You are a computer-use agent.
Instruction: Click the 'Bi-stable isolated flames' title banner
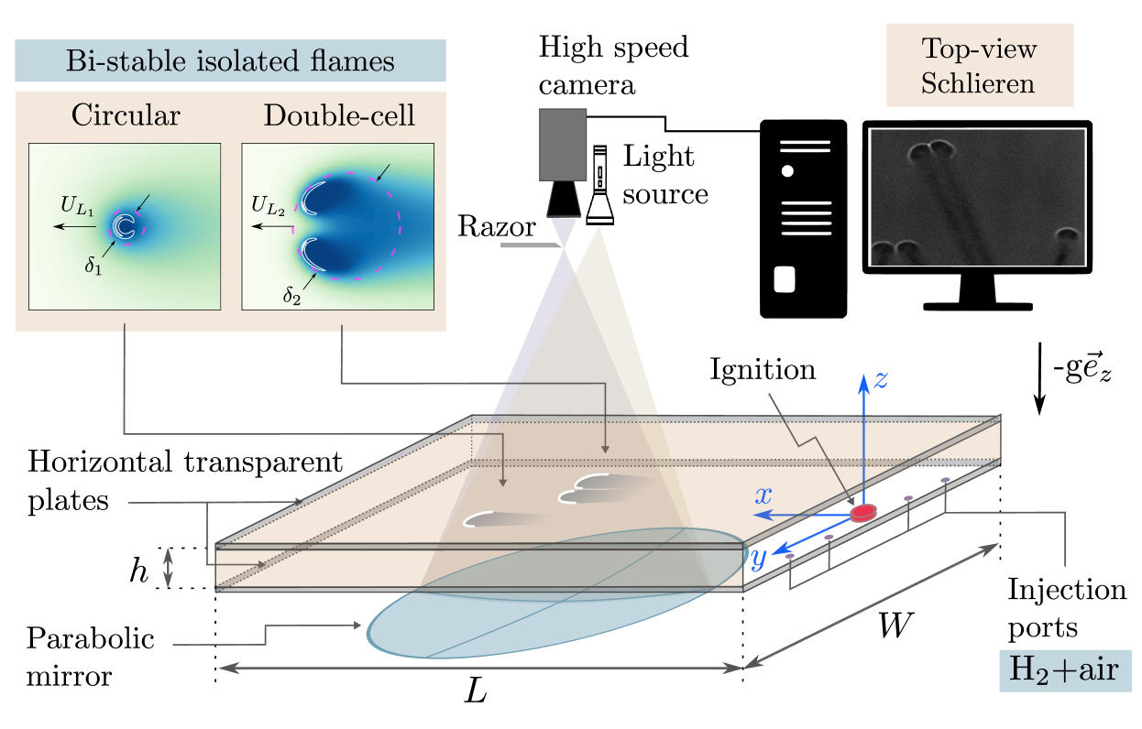pos(230,61)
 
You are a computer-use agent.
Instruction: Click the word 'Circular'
pos(126,115)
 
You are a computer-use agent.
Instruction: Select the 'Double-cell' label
pos(338,115)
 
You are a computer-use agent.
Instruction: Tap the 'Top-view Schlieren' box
pos(979,66)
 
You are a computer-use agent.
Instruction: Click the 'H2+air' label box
pos(1064,669)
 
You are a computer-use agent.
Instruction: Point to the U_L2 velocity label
pos(268,209)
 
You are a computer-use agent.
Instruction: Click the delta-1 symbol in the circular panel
pos(93,267)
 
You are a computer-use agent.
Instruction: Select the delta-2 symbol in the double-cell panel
pos(291,296)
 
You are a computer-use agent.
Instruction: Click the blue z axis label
pos(880,380)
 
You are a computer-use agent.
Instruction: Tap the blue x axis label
pos(763,496)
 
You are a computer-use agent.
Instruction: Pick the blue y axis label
pos(759,559)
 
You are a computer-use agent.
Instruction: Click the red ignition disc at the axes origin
pos(862,514)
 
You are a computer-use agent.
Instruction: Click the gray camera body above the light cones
pos(562,145)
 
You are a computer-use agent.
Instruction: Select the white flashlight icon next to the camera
pos(601,185)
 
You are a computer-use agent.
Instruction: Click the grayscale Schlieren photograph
pos(977,197)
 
